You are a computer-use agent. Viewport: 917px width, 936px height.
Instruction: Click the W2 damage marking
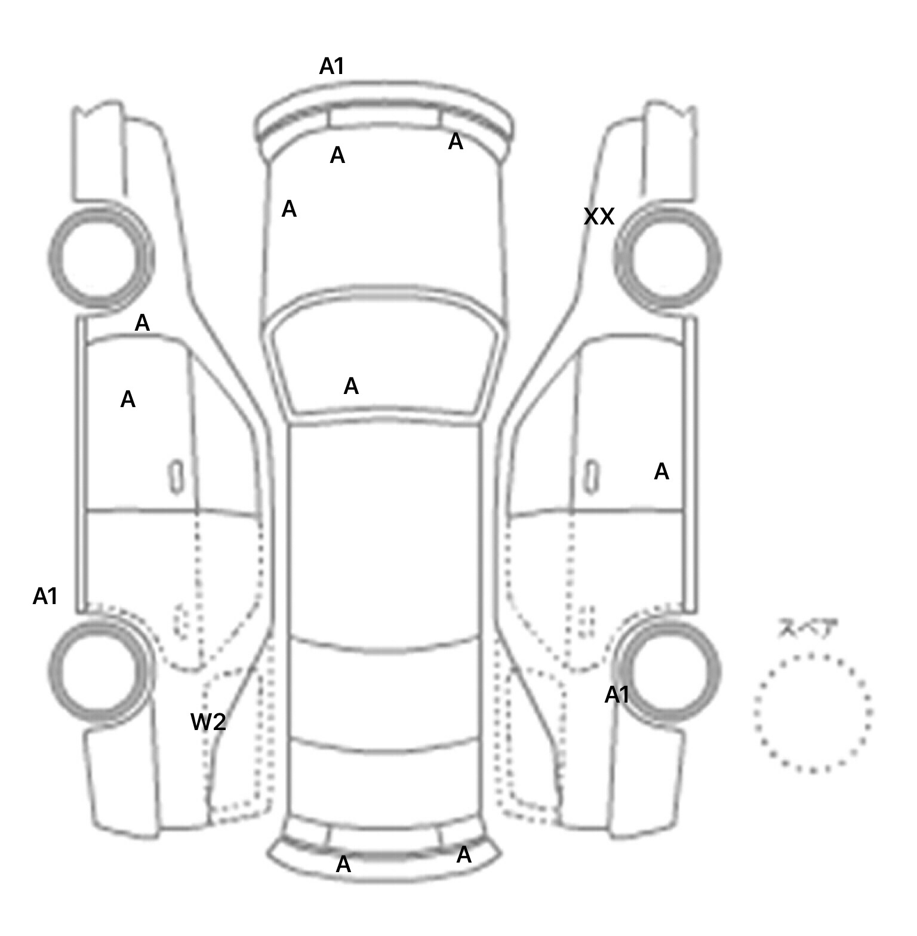coord(208,722)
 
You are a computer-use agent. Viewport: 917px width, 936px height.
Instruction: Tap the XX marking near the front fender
coord(599,217)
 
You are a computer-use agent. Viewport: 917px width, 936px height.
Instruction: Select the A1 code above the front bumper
coord(332,66)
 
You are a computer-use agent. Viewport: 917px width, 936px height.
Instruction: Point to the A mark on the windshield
coord(351,387)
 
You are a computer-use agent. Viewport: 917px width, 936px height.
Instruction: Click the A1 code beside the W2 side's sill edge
coord(45,596)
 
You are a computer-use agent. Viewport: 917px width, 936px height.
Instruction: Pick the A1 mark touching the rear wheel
coord(617,695)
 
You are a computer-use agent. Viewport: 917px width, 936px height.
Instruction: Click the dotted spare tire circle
coord(812,713)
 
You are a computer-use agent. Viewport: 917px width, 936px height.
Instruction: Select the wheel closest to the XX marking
coord(667,258)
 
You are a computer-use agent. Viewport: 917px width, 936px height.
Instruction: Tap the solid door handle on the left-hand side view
coord(176,477)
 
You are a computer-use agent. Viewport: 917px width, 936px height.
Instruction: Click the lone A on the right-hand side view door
coord(661,472)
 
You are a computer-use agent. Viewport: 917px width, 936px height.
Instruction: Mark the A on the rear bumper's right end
coord(464,855)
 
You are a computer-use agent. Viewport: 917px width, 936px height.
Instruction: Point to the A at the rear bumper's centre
coord(343,864)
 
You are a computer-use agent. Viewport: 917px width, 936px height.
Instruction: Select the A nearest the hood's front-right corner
coord(456,142)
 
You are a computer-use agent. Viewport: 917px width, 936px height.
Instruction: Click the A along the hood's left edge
coord(289,210)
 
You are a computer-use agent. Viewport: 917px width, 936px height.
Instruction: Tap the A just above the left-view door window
coord(142,324)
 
